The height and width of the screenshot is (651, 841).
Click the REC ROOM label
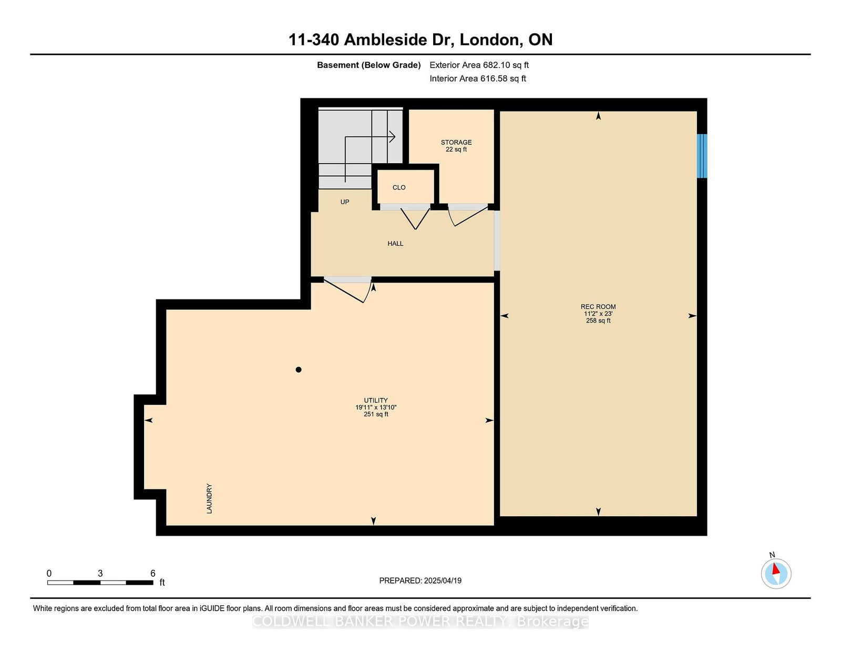(x=598, y=306)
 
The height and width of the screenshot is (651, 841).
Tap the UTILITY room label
(x=375, y=400)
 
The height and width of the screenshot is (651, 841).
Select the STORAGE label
(x=456, y=142)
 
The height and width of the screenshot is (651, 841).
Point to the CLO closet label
(x=398, y=187)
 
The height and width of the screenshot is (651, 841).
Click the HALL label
(x=395, y=243)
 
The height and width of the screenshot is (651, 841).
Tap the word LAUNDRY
(x=209, y=499)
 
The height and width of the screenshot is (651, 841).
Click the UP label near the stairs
(x=344, y=202)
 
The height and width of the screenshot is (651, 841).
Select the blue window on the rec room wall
(x=702, y=156)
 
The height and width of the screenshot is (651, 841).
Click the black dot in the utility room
(x=299, y=369)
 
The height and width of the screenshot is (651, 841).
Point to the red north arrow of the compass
(x=776, y=569)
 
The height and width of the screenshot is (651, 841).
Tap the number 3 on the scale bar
(x=100, y=574)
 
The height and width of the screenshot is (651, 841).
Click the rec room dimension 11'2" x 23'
(x=598, y=314)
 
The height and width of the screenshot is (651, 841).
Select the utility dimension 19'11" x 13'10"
(x=376, y=407)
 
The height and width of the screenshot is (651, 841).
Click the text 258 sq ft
(x=598, y=321)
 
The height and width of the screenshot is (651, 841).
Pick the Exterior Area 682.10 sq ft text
(x=479, y=65)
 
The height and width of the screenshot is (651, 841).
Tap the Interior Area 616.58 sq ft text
(x=478, y=78)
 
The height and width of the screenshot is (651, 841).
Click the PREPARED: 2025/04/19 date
(x=420, y=580)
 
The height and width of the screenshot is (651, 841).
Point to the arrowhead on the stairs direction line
(x=393, y=137)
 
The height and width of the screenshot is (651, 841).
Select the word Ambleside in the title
(x=398, y=39)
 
